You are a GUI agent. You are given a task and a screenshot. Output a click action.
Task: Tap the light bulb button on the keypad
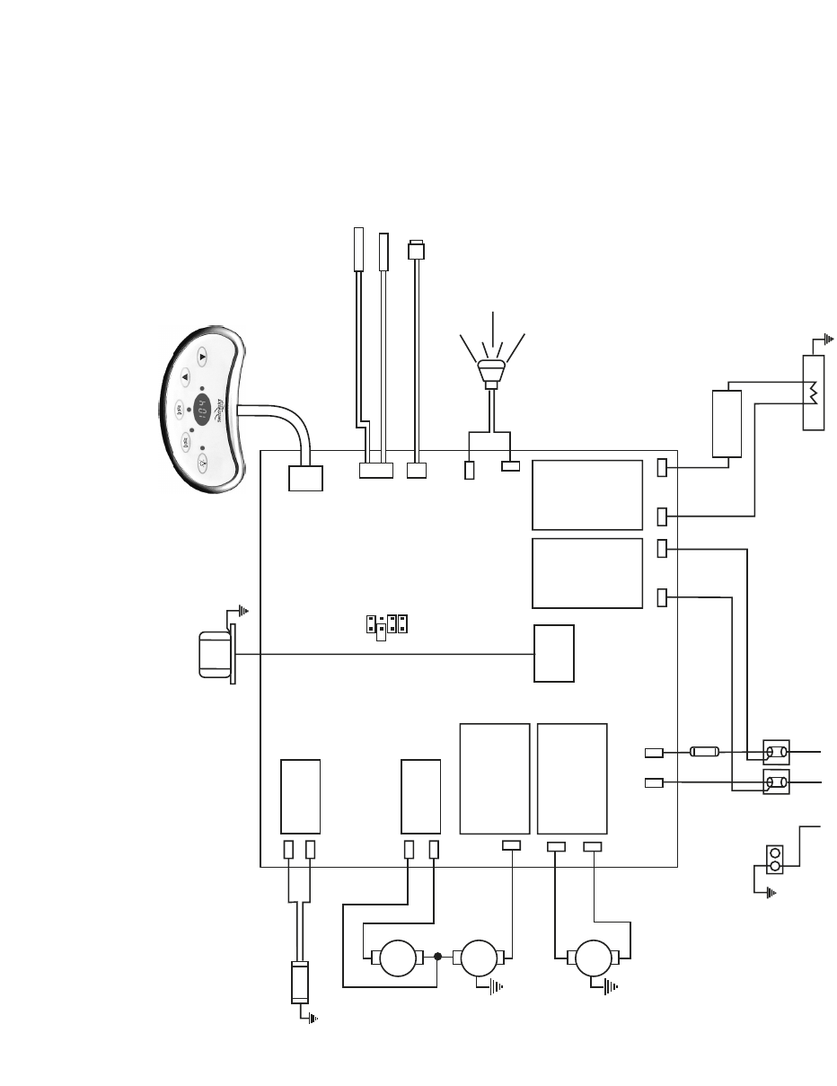click(202, 464)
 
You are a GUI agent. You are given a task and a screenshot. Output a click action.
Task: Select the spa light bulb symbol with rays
click(491, 369)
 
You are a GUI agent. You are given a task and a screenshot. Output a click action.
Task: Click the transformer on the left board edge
click(214, 654)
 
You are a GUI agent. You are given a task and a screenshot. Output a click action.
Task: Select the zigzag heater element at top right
click(813, 393)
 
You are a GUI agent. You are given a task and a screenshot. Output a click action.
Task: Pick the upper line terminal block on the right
click(775, 751)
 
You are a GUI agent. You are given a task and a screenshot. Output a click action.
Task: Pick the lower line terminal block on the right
click(775, 783)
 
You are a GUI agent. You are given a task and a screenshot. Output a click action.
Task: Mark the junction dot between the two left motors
click(437, 958)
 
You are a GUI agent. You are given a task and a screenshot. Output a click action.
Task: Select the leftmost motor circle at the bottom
click(395, 958)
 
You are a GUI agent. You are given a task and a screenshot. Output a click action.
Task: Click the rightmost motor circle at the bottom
click(594, 958)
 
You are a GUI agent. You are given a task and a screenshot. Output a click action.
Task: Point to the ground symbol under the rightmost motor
click(611, 988)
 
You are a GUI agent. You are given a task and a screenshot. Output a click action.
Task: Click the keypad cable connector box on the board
click(306, 479)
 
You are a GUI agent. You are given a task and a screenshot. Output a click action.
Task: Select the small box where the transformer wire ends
click(554, 654)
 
